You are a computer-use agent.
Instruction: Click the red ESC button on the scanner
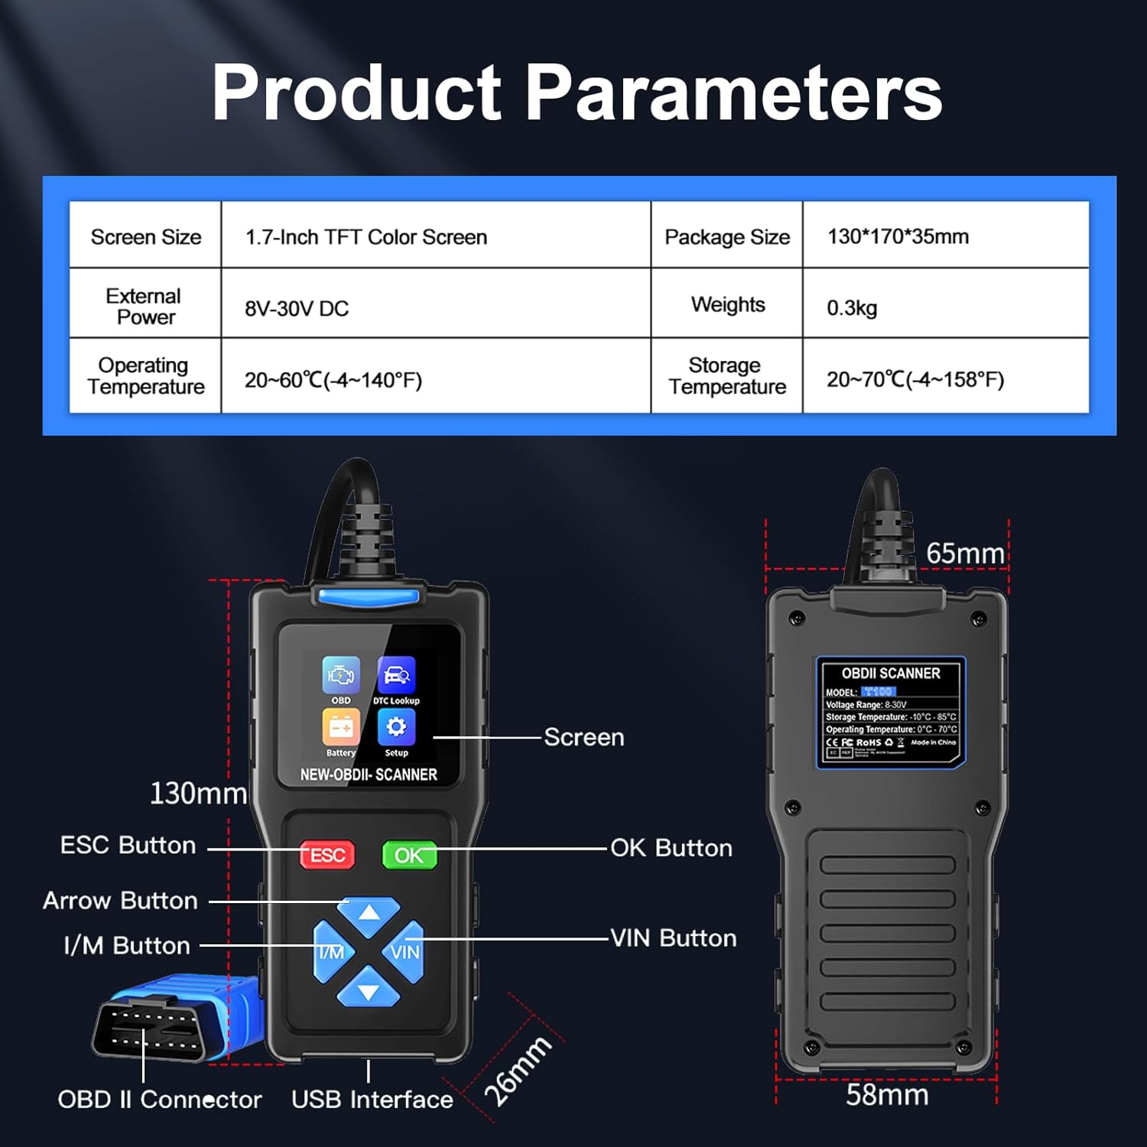(327, 855)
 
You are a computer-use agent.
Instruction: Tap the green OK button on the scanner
(409, 855)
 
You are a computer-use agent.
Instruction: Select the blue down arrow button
(369, 988)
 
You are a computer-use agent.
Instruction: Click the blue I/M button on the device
(331, 952)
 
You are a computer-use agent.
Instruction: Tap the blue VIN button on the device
(405, 952)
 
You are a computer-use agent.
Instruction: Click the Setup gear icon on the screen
(396, 726)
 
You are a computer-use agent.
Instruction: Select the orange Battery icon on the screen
(341, 726)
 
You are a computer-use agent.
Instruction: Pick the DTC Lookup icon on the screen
(396, 675)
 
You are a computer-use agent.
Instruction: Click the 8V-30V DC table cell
(297, 309)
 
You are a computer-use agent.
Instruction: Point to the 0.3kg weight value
(852, 308)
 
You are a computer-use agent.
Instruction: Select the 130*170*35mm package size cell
(898, 236)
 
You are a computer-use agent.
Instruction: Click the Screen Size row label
(145, 237)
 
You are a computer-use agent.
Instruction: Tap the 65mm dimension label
(965, 554)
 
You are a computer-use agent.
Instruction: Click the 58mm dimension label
(887, 1095)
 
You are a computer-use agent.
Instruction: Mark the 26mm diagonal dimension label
(518, 1071)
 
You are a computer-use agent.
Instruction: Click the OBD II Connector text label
(160, 1100)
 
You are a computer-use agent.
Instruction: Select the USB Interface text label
(372, 1100)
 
